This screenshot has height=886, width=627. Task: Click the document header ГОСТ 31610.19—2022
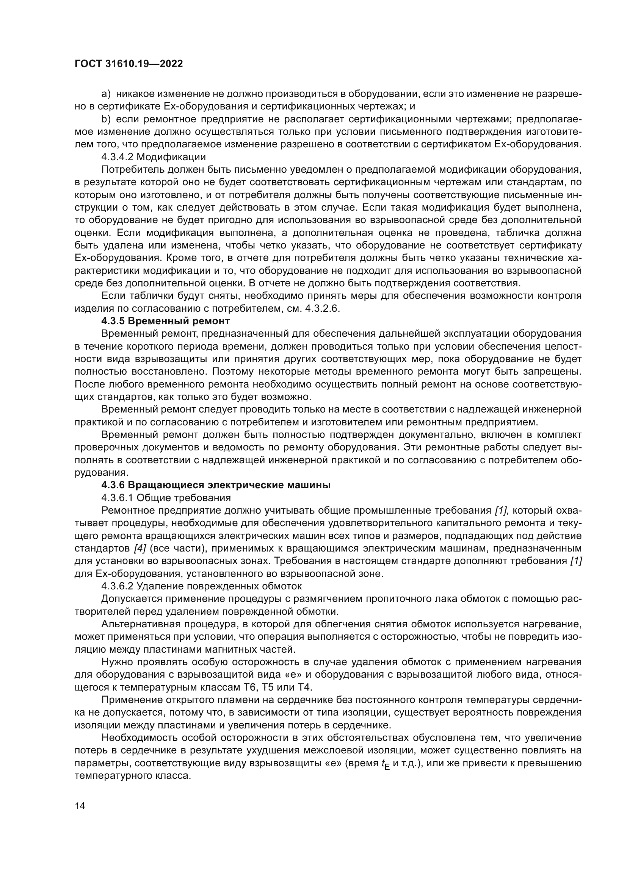(129, 64)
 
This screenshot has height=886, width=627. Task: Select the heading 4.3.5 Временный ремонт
(165, 321)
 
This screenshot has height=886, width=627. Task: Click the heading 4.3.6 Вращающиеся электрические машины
(216, 486)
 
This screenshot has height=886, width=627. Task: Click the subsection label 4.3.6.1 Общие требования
(166, 498)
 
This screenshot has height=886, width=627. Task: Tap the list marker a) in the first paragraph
(106, 94)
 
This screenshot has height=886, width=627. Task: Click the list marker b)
(106, 119)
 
